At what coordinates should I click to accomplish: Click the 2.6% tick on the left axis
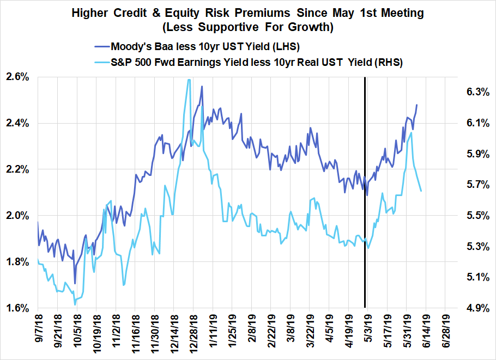coord(19,77)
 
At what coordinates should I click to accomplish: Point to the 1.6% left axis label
coord(19,308)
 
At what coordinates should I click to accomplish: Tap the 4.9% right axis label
coord(473,308)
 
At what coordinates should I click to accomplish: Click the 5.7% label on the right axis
coord(473,185)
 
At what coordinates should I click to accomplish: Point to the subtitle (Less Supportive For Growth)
coord(247,25)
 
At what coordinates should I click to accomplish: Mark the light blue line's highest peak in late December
coord(189,80)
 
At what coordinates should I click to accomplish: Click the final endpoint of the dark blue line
coord(417,105)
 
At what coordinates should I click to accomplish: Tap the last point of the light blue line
coord(421,191)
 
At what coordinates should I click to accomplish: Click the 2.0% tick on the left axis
coord(19,216)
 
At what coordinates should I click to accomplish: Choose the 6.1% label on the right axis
coord(473,123)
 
